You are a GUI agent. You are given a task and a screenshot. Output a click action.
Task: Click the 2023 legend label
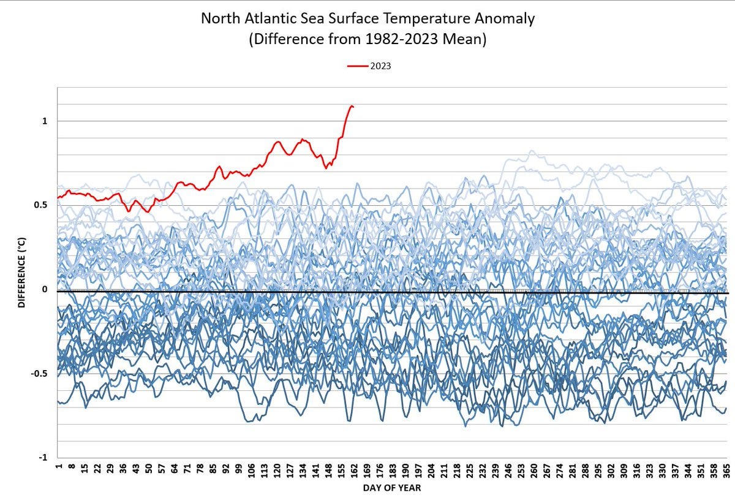380,66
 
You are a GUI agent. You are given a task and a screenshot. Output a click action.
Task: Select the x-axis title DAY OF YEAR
391,488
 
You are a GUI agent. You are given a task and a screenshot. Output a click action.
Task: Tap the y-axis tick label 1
45,121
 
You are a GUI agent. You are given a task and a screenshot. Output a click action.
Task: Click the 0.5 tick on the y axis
40,205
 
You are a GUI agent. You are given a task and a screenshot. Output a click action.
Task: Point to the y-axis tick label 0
45,290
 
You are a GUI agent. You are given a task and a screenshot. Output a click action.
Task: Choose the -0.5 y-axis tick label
39,374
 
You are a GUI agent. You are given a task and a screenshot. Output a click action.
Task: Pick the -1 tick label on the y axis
43,458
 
